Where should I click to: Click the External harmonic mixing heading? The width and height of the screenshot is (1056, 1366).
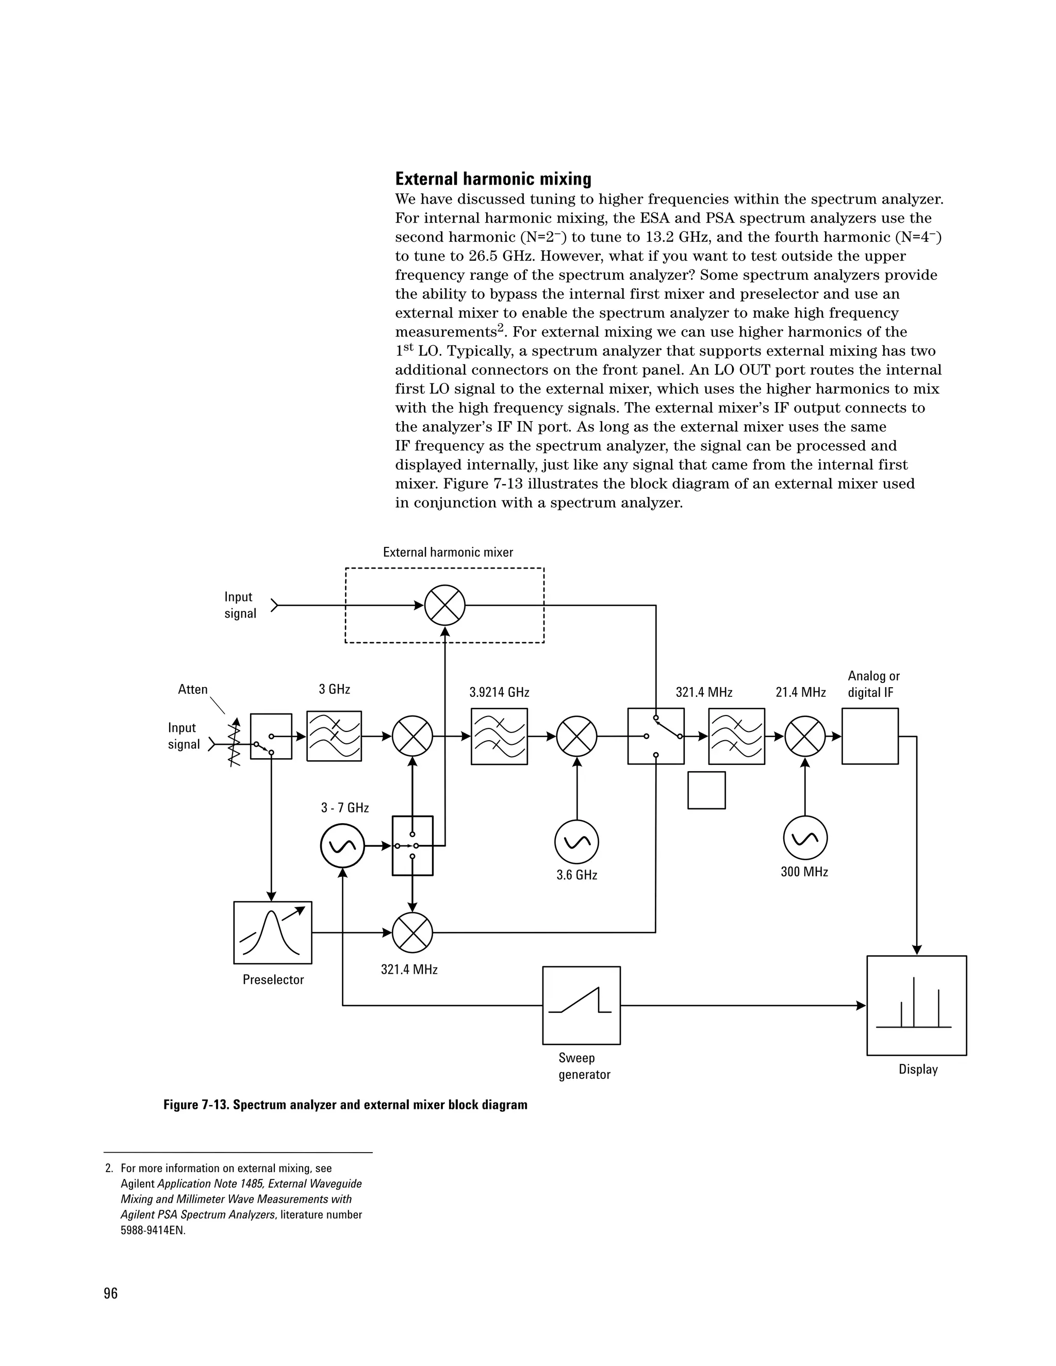pyautogui.click(x=493, y=179)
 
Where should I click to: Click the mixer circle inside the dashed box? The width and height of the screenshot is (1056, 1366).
pyautogui.click(x=445, y=606)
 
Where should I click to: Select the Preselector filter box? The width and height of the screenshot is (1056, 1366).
pyautogui.click(x=273, y=932)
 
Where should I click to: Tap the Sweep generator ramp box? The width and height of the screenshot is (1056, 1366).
pyautogui.click(x=581, y=1005)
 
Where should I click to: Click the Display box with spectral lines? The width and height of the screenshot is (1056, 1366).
pyautogui.click(x=916, y=1005)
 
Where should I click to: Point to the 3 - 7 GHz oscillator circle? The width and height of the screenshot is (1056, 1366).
pyautogui.click(x=342, y=845)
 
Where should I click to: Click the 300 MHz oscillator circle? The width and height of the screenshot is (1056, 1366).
pyautogui.click(x=805, y=838)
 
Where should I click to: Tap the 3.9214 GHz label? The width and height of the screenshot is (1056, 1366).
pyautogui.click(x=499, y=692)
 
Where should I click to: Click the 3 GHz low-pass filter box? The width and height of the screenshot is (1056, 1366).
pyautogui.click(x=334, y=736)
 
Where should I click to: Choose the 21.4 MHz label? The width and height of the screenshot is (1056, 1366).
pyautogui.click(x=801, y=692)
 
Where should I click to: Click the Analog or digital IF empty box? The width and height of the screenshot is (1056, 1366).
pyautogui.click(x=869, y=736)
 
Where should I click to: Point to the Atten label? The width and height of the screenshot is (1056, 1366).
pyautogui.click(x=193, y=689)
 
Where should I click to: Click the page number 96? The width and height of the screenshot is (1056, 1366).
pyautogui.click(x=111, y=1293)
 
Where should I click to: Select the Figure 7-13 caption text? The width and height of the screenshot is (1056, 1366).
pyautogui.click(x=345, y=1105)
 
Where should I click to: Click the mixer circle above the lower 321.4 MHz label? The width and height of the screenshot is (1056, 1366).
pyautogui.click(x=412, y=932)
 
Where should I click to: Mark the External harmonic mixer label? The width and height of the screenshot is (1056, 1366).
pyautogui.click(x=448, y=552)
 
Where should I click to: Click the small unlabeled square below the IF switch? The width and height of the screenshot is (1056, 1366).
pyautogui.click(x=706, y=790)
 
